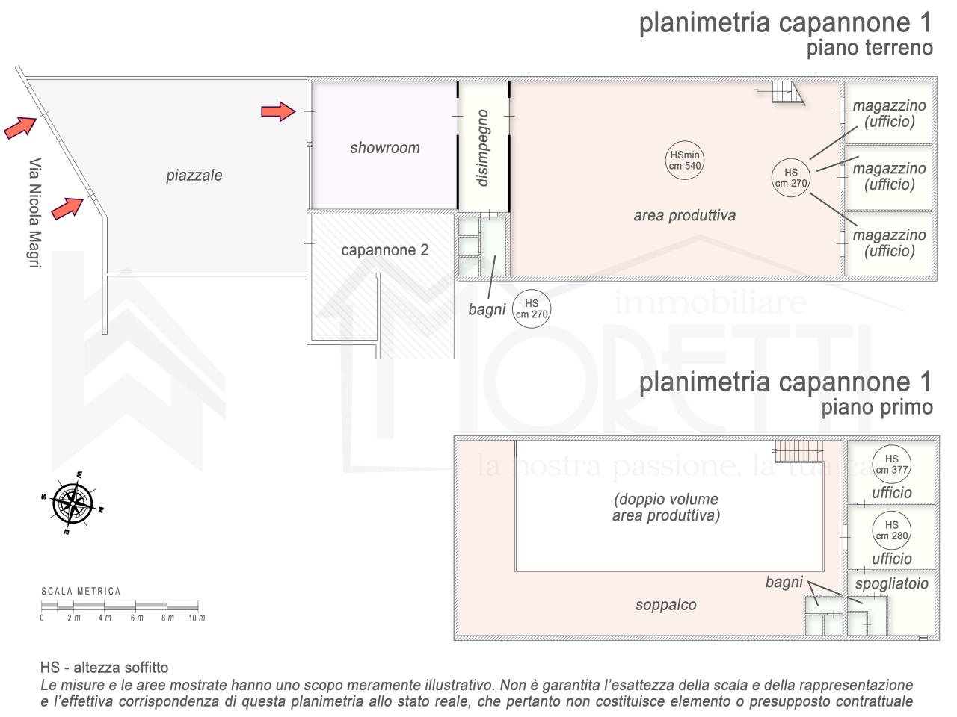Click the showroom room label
click(x=385, y=148)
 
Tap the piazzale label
click(x=194, y=176)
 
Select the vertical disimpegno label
click(x=482, y=148)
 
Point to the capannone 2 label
click(x=384, y=250)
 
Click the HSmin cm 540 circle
click(x=685, y=160)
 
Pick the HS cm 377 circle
click(x=892, y=464)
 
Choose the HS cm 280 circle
click(x=892, y=530)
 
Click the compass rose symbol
click(x=73, y=503)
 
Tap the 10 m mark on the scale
click(x=197, y=618)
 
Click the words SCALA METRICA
click(x=81, y=592)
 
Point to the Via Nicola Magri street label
click(x=35, y=212)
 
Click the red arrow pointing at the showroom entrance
click(x=278, y=111)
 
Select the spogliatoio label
click(x=892, y=583)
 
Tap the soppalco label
click(x=665, y=605)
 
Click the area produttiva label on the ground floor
click(x=685, y=216)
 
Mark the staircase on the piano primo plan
click(x=798, y=450)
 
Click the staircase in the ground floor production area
click(x=787, y=93)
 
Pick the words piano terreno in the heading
click(x=870, y=48)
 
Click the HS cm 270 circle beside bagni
click(x=531, y=308)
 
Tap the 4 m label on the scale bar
click(x=105, y=618)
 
